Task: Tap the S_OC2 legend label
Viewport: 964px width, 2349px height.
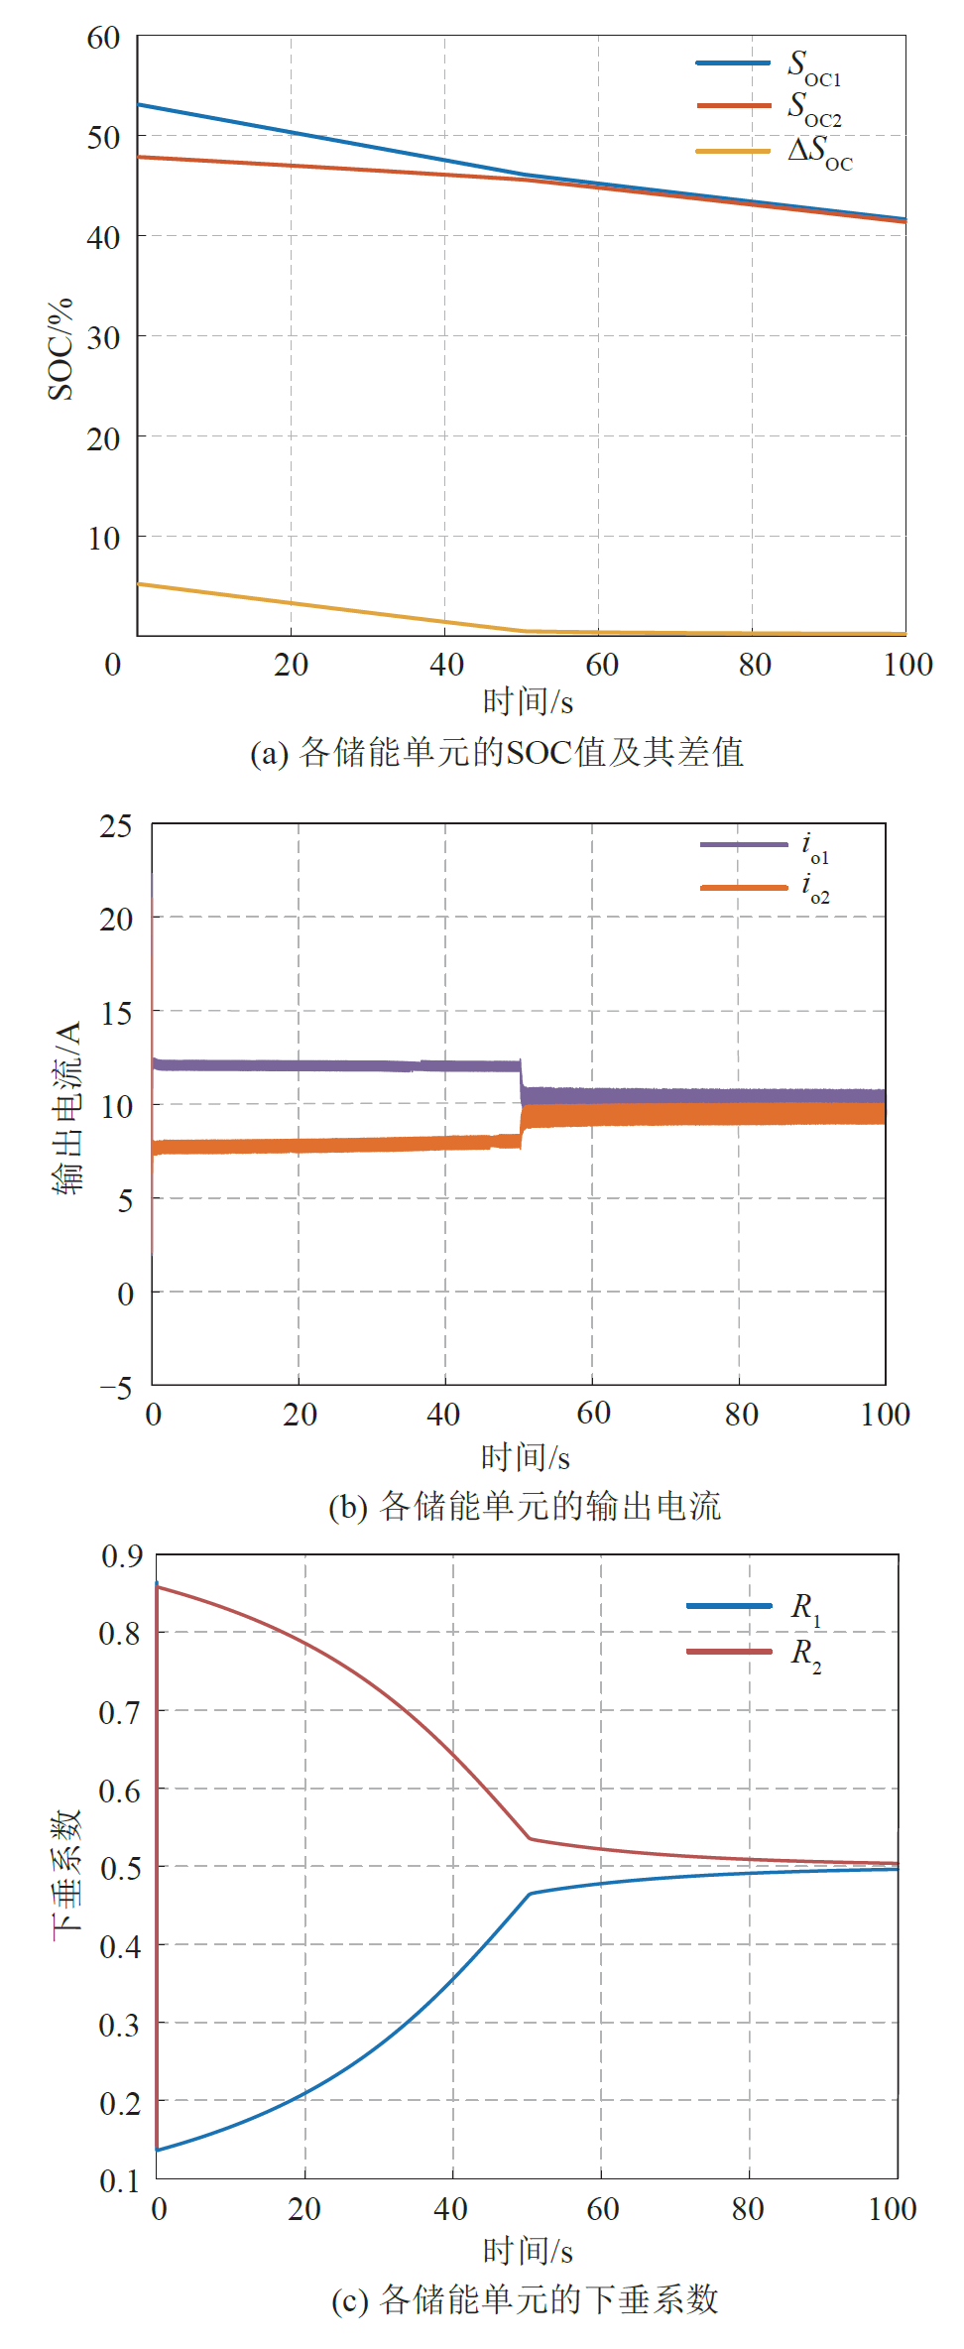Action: click(x=813, y=108)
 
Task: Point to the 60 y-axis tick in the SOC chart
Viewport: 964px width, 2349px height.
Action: click(x=103, y=38)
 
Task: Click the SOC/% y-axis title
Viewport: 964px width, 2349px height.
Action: click(x=60, y=348)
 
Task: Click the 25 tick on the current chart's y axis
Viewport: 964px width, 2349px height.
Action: click(x=115, y=825)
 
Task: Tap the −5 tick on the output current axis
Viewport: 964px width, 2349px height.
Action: click(x=115, y=1386)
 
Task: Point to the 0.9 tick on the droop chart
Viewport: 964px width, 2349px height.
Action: click(x=121, y=1556)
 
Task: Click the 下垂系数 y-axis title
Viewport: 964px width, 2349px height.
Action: click(x=66, y=1869)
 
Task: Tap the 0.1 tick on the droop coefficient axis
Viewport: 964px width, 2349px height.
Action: click(x=120, y=2180)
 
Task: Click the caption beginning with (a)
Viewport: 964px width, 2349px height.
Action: click(x=497, y=752)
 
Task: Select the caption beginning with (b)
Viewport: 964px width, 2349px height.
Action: click(x=525, y=1506)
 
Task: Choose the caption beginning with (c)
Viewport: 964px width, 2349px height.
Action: click(x=525, y=2299)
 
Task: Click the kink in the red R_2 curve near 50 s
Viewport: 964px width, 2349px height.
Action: click(x=531, y=1838)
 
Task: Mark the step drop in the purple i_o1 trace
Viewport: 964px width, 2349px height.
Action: click(x=522, y=1078)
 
